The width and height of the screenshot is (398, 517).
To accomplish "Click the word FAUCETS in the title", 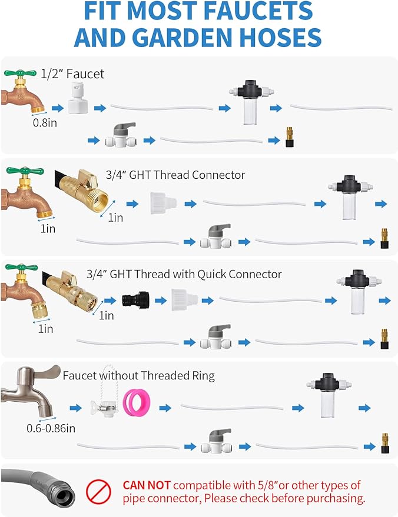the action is pyautogui.click(x=258, y=11).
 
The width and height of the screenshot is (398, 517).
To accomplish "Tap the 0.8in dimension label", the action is pyautogui.click(x=45, y=123).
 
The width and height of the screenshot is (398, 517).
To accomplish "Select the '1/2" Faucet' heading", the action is pyautogui.click(x=72, y=74).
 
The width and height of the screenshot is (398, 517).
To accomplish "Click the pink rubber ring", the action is pyautogui.click(x=136, y=402).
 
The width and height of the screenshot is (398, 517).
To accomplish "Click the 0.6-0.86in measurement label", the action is pyautogui.click(x=51, y=428).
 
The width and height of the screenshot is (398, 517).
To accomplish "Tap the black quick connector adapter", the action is pyautogui.click(x=135, y=300).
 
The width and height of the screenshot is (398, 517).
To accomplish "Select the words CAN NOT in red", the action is pyautogui.click(x=147, y=485).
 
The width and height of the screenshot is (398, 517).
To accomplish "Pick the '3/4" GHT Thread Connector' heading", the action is pyautogui.click(x=175, y=175).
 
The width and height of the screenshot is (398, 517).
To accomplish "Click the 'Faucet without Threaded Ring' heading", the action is pyautogui.click(x=138, y=376).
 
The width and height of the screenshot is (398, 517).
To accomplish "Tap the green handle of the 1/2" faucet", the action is pyautogui.click(x=20, y=73).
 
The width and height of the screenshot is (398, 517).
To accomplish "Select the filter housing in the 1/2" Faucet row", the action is pyautogui.click(x=251, y=102).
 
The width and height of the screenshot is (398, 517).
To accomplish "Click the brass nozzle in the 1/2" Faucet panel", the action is pyautogui.click(x=290, y=137).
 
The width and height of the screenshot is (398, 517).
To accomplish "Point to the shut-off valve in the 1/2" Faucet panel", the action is pyautogui.click(x=121, y=135).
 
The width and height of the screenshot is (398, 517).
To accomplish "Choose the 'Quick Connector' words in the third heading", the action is pyautogui.click(x=240, y=274).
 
